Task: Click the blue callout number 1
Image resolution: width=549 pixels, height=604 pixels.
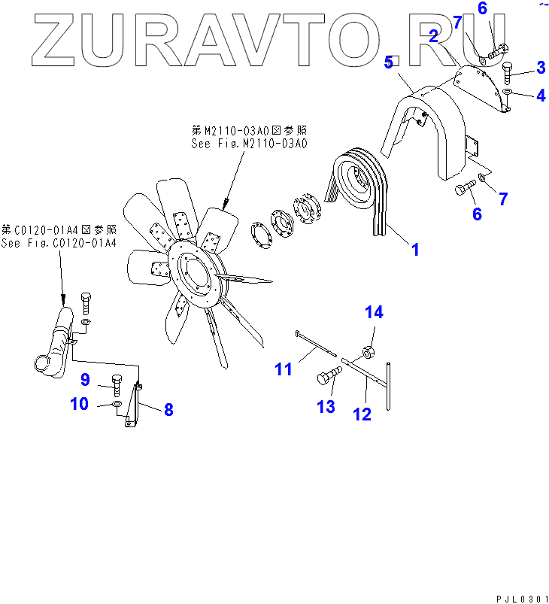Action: (414, 249)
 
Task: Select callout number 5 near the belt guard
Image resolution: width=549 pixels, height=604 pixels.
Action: (388, 63)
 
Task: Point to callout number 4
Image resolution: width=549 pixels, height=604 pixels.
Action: (540, 96)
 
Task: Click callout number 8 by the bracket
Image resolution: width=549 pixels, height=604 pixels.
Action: (168, 410)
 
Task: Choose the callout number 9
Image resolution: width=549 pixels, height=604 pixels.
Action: (85, 380)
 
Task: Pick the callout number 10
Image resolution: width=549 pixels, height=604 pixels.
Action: (79, 404)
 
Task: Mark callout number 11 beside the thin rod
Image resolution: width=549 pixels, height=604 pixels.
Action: (283, 369)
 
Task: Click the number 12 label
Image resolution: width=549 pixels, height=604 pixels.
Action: (362, 413)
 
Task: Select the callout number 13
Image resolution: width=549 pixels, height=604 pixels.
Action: (325, 406)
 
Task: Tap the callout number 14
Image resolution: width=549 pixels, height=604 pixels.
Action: (375, 313)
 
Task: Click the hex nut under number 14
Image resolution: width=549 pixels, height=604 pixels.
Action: (369, 351)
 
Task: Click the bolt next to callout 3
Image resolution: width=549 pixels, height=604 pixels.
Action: (507, 74)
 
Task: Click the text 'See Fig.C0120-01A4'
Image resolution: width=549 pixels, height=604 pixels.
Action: (59, 243)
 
